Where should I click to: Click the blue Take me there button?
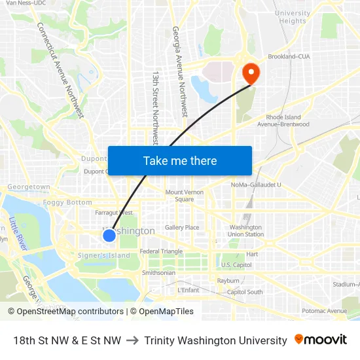pyautogui.click(x=180, y=160)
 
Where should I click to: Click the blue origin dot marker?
pyautogui.click(x=109, y=235)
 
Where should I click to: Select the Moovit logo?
pyautogui.click(x=320, y=340)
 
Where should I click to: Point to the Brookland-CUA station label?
pyautogui.click(x=289, y=56)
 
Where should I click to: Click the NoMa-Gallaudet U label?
pyautogui.click(x=255, y=185)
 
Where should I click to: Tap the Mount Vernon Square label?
pyautogui.click(x=184, y=195)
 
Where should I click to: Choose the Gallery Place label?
pyautogui.click(x=182, y=227)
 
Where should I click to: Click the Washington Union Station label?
pyautogui.click(x=246, y=230)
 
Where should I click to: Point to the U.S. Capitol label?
pyautogui.click(x=236, y=264)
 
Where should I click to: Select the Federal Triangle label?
pyautogui.click(x=161, y=251)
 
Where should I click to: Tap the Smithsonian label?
pyautogui.click(x=158, y=272)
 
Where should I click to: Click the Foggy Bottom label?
pyautogui.click(x=67, y=202)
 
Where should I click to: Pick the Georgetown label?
pyautogui.click(x=29, y=187)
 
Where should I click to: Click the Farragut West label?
pyautogui.click(x=114, y=213)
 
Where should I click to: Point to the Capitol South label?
pyautogui.click(x=245, y=292)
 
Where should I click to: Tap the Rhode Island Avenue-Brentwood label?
pyautogui.click(x=283, y=120)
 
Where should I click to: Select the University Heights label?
pyautogui.click(x=293, y=17)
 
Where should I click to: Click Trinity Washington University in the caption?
pyautogui.click(x=215, y=340)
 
